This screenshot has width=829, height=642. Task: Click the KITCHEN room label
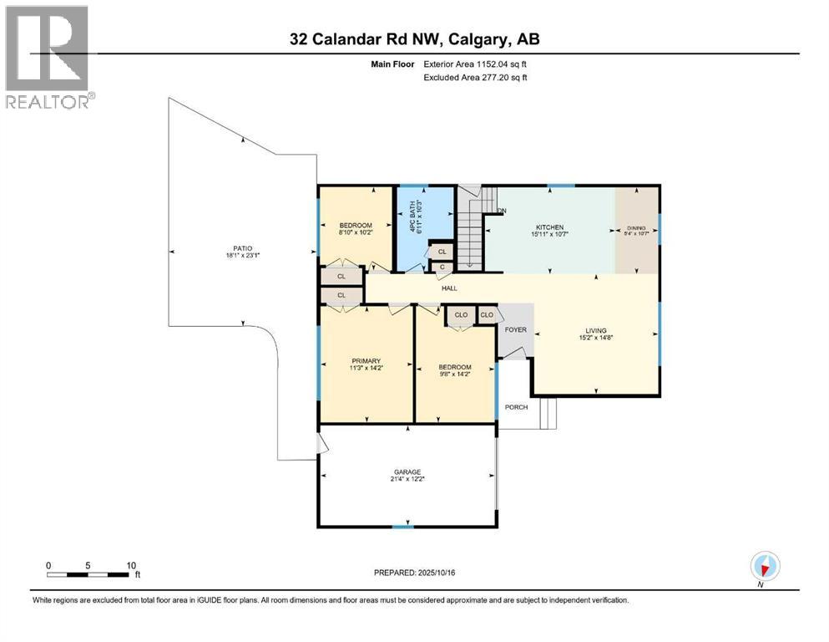(x=549, y=227)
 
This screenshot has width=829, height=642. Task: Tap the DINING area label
(x=636, y=227)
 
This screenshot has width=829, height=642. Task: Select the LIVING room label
(x=595, y=330)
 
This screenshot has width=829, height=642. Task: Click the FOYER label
(x=516, y=329)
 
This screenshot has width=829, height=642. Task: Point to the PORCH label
(x=516, y=407)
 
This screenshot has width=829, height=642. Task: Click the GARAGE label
(x=407, y=471)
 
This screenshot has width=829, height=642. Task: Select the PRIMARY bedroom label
(x=366, y=361)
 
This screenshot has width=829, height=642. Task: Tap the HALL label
(x=449, y=288)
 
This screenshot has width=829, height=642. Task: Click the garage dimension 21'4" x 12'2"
(x=407, y=480)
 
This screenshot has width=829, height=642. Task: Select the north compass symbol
(x=765, y=566)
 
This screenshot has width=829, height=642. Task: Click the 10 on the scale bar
(x=131, y=565)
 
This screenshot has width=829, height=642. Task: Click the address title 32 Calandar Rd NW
(x=408, y=39)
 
